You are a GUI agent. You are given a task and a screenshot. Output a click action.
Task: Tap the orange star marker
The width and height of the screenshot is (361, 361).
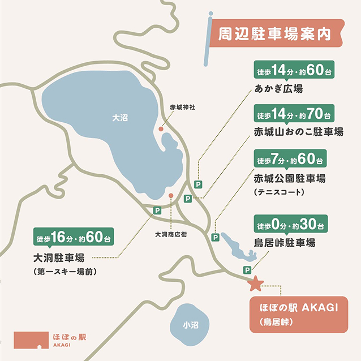[x=256, y=283]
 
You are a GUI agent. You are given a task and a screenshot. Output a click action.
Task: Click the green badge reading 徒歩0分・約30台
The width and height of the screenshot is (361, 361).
[x=290, y=225]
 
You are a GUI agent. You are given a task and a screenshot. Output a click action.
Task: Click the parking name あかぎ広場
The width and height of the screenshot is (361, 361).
[x=278, y=89]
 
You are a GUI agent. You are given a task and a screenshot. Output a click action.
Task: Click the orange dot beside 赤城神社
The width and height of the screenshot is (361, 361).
[x=161, y=130]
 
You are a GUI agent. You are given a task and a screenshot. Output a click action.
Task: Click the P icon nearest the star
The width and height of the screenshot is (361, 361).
[x=247, y=269]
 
